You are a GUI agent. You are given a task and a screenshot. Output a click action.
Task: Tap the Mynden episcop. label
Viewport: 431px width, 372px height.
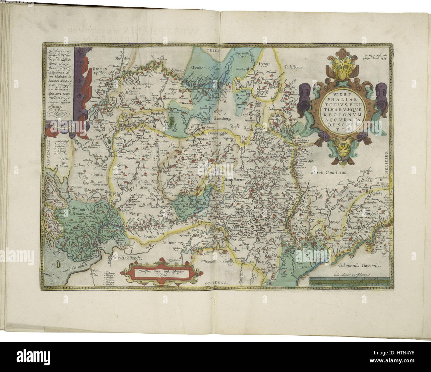206,67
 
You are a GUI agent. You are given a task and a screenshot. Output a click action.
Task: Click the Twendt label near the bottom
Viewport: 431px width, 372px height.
208,261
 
